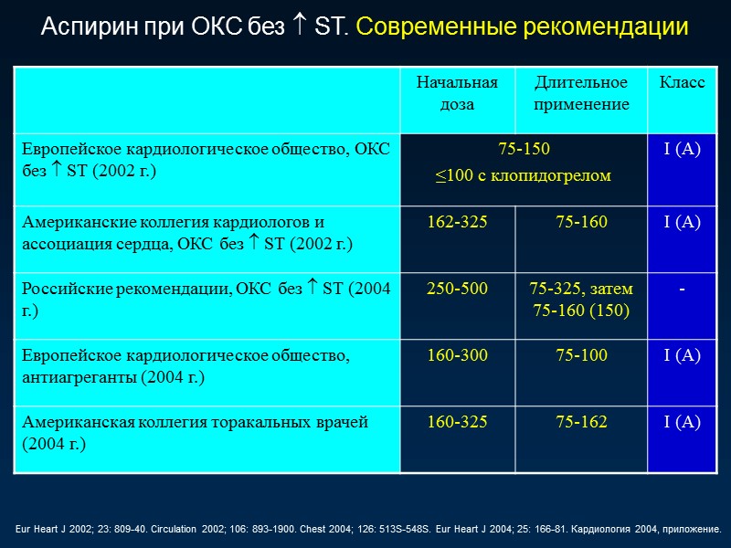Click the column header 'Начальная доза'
(457, 93)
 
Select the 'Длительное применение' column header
(581, 93)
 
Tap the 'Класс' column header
(682, 83)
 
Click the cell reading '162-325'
(457, 222)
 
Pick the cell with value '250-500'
(457, 289)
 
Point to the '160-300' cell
(457, 355)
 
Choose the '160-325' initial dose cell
(457, 422)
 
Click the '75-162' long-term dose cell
(581, 422)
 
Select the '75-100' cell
(581, 355)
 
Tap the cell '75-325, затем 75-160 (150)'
(581, 299)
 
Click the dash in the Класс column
(682, 290)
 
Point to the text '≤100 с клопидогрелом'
(524, 174)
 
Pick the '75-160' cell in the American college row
(581, 222)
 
